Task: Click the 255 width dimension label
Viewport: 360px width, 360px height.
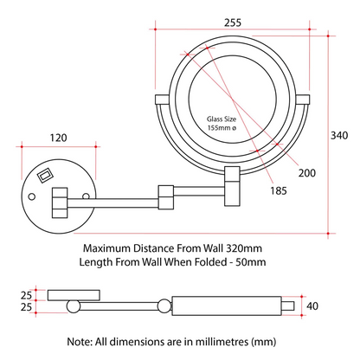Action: pos(233,22)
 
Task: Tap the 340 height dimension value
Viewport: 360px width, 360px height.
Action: pos(339,135)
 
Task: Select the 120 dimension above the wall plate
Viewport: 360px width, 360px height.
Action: pos(58,138)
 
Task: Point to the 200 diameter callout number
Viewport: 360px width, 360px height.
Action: pos(307,173)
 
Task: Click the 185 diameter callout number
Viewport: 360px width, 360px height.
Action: pos(279,190)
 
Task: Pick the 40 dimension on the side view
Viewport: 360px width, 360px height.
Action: pos(312,305)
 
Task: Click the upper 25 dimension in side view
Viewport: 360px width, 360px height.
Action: pos(26,295)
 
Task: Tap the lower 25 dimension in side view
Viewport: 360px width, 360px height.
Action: pos(26,307)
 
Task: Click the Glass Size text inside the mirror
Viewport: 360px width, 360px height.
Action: pos(222,119)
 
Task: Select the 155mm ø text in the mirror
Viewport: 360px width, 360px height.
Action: pos(222,127)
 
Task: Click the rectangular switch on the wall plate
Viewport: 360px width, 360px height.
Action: pos(45,175)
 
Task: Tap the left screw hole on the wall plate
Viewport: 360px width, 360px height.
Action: pos(32,197)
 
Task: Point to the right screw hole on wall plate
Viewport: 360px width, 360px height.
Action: pos(86,196)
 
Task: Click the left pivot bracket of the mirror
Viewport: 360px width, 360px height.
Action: pos(162,100)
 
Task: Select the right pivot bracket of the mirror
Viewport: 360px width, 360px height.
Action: pos(303,100)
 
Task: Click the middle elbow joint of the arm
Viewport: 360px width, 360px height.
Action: pos(166,197)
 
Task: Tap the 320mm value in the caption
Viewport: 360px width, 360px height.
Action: pos(244,248)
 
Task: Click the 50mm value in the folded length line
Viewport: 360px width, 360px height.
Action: pos(251,262)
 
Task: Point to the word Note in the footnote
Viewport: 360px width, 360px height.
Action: pos(80,342)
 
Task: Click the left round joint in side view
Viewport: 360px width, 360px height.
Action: pos(74,306)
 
